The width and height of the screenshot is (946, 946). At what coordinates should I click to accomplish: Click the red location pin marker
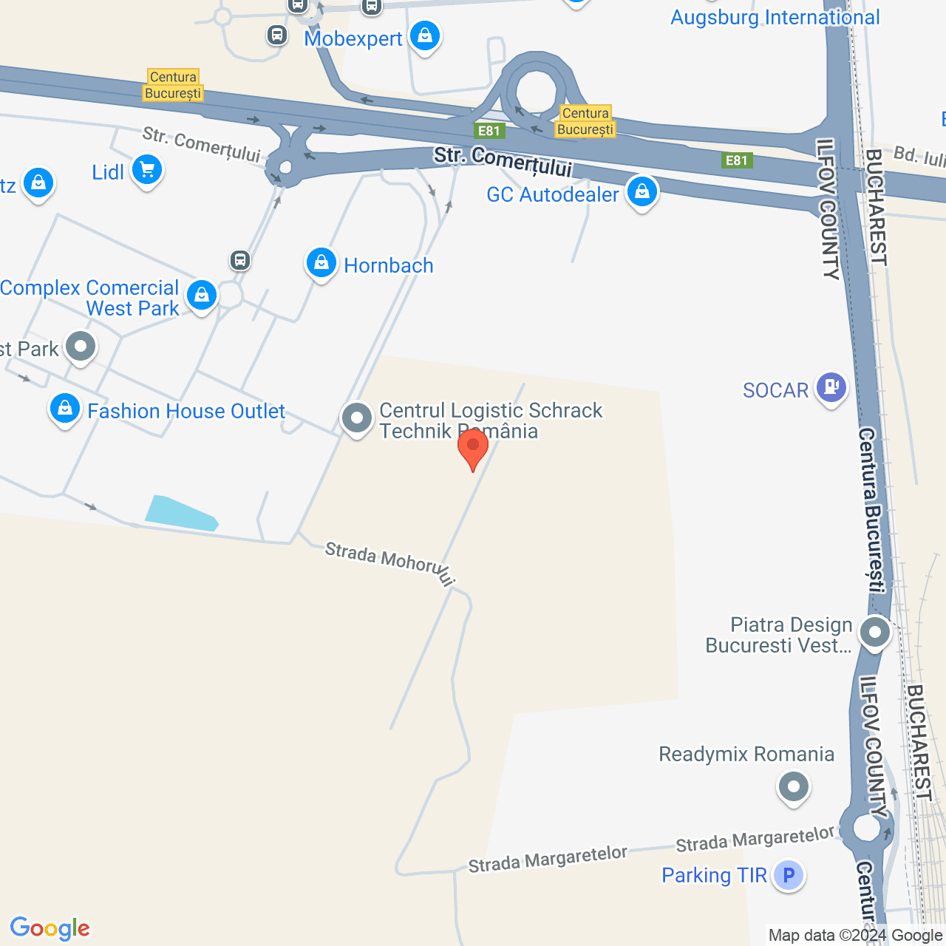pyautogui.click(x=473, y=446)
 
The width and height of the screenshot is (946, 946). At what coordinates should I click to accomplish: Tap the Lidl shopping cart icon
pyautogui.click(x=147, y=170)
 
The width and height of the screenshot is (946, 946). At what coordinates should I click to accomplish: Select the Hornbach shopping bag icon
pyautogui.click(x=321, y=262)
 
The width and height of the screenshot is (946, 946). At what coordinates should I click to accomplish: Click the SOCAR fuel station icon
pyautogui.click(x=831, y=387)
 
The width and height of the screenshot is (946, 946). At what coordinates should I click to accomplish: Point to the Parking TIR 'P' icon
pyautogui.click(x=789, y=875)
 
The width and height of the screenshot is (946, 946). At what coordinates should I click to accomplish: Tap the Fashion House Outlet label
pyautogui.click(x=186, y=411)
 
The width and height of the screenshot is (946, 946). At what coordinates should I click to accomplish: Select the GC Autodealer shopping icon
pyautogui.click(x=642, y=191)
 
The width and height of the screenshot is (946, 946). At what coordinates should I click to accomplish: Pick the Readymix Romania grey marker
pyautogui.click(x=794, y=786)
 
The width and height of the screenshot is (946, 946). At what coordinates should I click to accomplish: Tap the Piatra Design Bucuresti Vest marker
pyautogui.click(x=875, y=633)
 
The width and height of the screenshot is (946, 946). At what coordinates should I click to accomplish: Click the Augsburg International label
pyautogui.click(x=775, y=17)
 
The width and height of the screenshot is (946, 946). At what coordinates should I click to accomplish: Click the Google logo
pyautogui.click(x=50, y=928)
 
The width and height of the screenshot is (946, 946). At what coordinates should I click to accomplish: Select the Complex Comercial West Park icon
pyautogui.click(x=201, y=295)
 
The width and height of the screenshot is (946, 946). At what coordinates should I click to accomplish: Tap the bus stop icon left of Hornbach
pyautogui.click(x=239, y=260)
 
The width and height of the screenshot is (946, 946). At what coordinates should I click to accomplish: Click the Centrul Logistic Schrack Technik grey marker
pyautogui.click(x=356, y=418)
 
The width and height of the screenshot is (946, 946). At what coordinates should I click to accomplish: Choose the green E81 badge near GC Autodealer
pyautogui.click(x=736, y=160)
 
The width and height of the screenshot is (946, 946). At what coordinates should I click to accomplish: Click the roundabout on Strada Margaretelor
pyautogui.click(x=866, y=828)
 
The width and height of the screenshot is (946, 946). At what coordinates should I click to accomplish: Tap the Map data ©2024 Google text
pyautogui.click(x=855, y=936)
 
